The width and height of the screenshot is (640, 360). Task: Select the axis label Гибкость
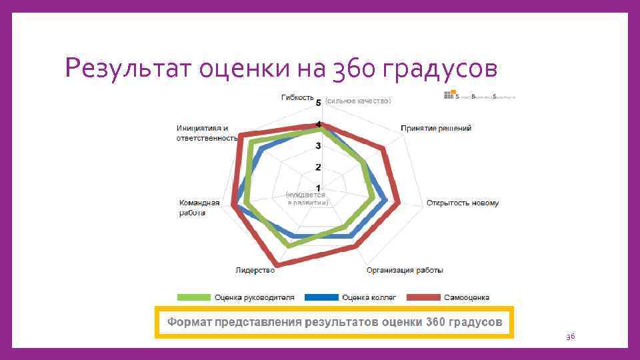(x=297, y=97)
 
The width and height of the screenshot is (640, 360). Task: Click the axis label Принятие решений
(x=436, y=128)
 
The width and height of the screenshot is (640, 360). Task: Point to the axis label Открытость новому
(x=463, y=203)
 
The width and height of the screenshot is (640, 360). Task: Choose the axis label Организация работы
(x=405, y=270)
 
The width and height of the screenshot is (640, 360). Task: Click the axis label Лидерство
(x=255, y=270)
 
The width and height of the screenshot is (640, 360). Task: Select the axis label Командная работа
(x=199, y=207)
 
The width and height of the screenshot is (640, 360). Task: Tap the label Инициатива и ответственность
(x=207, y=133)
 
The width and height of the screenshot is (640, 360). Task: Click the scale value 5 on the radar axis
(x=319, y=103)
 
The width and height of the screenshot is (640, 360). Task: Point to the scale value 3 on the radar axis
(x=319, y=146)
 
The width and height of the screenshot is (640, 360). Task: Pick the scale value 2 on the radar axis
(x=319, y=167)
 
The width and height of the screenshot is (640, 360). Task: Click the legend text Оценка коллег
(x=369, y=297)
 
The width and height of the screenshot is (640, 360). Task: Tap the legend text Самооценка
(x=468, y=297)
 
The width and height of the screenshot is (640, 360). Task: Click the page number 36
(x=570, y=337)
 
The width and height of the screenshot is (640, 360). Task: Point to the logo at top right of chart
(x=480, y=97)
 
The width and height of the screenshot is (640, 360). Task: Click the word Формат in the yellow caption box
(x=190, y=322)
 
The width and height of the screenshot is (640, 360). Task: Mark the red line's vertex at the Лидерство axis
(x=276, y=265)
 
